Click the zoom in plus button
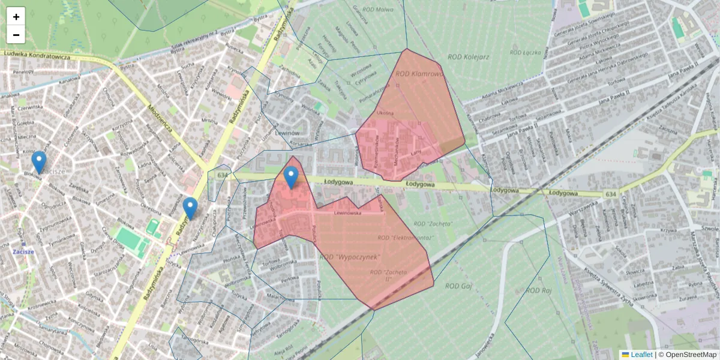(x=16, y=17)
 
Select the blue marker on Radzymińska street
(x=190, y=208)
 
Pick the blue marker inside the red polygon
(x=291, y=178)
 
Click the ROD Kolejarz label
(x=469, y=57)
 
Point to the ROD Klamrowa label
(x=419, y=74)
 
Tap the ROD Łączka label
(x=524, y=52)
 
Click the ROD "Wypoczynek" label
(x=351, y=257)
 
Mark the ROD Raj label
(x=538, y=290)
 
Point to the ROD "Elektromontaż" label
(x=405, y=238)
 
